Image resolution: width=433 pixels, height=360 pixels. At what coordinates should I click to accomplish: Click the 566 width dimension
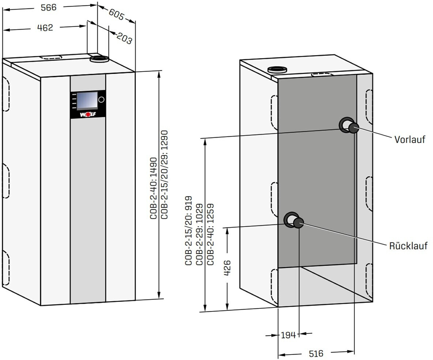tap(49, 8)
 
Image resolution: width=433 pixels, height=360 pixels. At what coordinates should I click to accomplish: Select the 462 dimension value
tap(45, 27)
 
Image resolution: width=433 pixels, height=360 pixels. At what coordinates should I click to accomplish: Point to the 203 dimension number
tap(124, 38)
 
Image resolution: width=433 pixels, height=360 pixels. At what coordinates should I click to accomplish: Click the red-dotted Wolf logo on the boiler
tap(87, 114)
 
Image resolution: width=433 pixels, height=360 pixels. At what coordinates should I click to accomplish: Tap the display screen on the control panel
tap(87, 100)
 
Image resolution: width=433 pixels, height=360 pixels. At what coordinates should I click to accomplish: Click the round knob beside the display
tap(101, 99)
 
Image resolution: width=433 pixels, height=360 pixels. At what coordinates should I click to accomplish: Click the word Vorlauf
tap(410, 140)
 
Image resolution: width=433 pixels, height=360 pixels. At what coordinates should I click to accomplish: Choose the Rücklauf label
tap(408, 246)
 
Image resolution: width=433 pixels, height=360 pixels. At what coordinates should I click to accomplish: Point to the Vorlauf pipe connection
tap(353, 128)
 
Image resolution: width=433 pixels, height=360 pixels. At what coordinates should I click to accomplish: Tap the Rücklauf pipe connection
tap(298, 223)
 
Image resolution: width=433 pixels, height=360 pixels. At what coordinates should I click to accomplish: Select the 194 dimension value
tap(288, 335)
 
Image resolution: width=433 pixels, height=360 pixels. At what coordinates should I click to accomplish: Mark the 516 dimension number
tap(316, 353)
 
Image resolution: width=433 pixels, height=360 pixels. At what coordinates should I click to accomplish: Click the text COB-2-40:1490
tap(153, 188)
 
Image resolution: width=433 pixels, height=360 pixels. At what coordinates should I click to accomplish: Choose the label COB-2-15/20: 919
tap(189, 234)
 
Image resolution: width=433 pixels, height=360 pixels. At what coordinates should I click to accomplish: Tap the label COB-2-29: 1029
tap(200, 234)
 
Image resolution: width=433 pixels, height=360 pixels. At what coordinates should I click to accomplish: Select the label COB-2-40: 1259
tap(211, 234)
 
